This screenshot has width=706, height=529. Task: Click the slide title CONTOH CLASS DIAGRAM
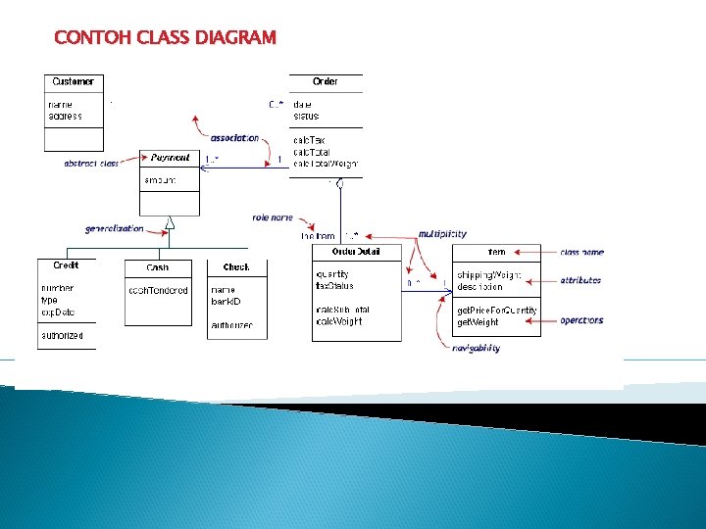click(x=166, y=38)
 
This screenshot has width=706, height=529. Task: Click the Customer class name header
click(x=74, y=81)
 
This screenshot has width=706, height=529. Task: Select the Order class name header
click(x=326, y=81)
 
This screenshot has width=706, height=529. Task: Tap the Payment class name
click(x=170, y=158)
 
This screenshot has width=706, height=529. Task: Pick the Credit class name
click(x=67, y=265)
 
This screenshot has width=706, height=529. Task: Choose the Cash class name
click(x=157, y=267)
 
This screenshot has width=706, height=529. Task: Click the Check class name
click(x=236, y=266)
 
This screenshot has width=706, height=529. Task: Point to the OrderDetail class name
click(x=355, y=252)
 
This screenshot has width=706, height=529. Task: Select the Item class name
click(x=497, y=253)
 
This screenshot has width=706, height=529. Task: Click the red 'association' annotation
click(x=234, y=138)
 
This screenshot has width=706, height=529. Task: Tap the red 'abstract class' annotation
click(x=91, y=164)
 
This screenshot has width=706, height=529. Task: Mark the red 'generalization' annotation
click(x=114, y=228)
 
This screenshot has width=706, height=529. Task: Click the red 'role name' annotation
click(x=273, y=216)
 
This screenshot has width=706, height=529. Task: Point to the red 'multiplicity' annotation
click(x=442, y=234)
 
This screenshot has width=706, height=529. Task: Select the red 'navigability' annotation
click(x=476, y=348)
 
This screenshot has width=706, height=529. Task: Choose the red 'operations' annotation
click(x=581, y=320)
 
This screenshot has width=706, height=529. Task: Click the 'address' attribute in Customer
click(x=65, y=117)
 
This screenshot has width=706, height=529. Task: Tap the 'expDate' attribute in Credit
click(x=58, y=313)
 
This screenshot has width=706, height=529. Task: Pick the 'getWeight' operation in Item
click(x=478, y=321)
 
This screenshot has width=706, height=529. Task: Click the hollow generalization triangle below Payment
click(x=170, y=222)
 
